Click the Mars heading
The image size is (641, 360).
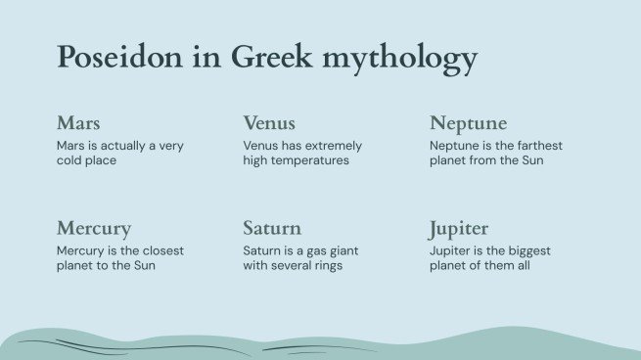78,123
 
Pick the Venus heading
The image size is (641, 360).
269,123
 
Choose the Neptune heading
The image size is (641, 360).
468,123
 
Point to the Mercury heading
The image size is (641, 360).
94,229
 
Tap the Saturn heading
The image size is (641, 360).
272,229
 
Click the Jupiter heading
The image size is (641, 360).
459,229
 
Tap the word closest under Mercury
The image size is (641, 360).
160,250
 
